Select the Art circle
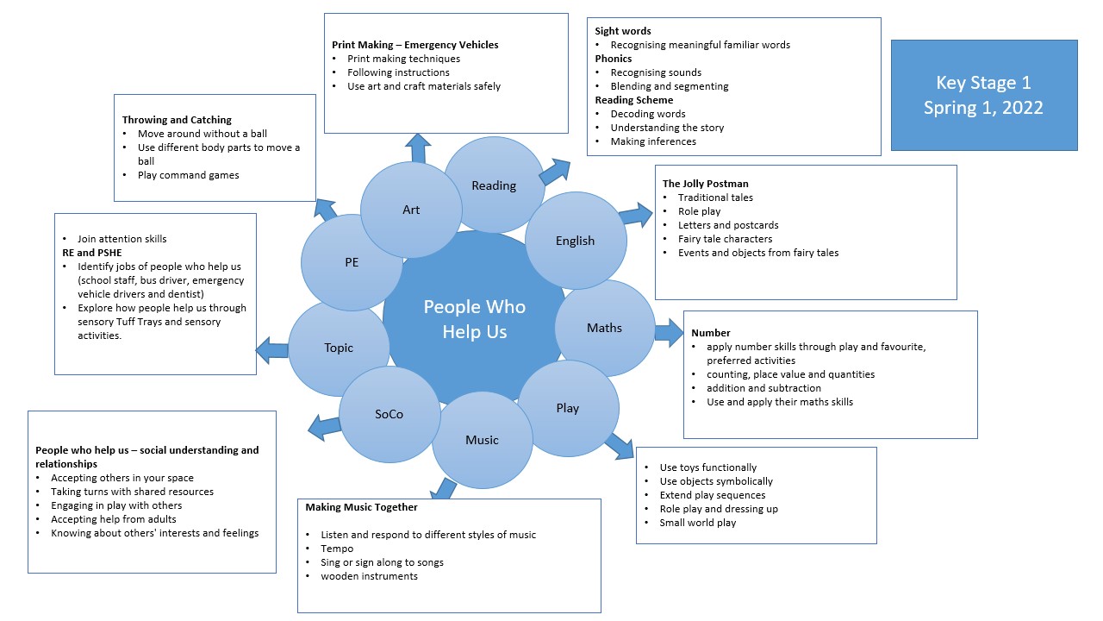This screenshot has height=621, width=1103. pyautogui.click(x=411, y=210)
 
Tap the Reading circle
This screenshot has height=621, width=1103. pyautogui.click(x=494, y=185)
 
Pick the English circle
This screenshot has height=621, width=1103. pyautogui.click(x=575, y=241)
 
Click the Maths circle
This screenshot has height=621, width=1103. pyautogui.click(x=604, y=328)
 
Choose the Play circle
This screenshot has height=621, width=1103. pyautogui.click(x=567, y=408)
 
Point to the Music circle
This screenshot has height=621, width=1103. pyautogui.click(x=482, y=440)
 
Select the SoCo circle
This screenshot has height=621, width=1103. pyautogui.click(x=389, y=414)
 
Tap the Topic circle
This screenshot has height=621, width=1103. pyautogui.click(x=339, y=348)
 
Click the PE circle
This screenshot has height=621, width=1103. pyautogui.click(x=352, y=262)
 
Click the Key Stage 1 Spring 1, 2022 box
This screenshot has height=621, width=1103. pyautogui.click(x=983, y=95)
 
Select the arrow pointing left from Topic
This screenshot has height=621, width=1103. pyautogui.click(x=271, y=349)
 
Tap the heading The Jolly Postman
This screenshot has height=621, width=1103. pyautogui.click(x=705, y=184)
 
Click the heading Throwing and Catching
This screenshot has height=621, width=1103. pyautogui.click(x=177, y=120)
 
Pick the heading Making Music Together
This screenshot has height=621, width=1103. pyautogui.click(x=361, y=507)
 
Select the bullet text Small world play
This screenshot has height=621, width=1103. pyautogui.click(x=697, y=523)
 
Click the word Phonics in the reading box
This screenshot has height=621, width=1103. pyautogui.click(x=613, y=59)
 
